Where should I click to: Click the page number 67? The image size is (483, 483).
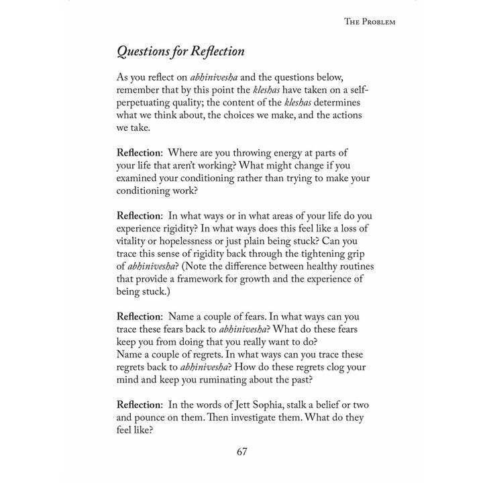[x=242, y=451]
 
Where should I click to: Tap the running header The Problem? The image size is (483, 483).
[x=370, y=21]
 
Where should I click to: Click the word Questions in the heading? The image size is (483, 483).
[x=144, y=52]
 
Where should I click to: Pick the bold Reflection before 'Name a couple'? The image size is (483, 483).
[x=139, y=317]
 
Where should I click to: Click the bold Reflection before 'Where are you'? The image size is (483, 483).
[x=139, y=153]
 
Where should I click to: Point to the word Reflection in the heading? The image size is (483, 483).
[x=217, y=52]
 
